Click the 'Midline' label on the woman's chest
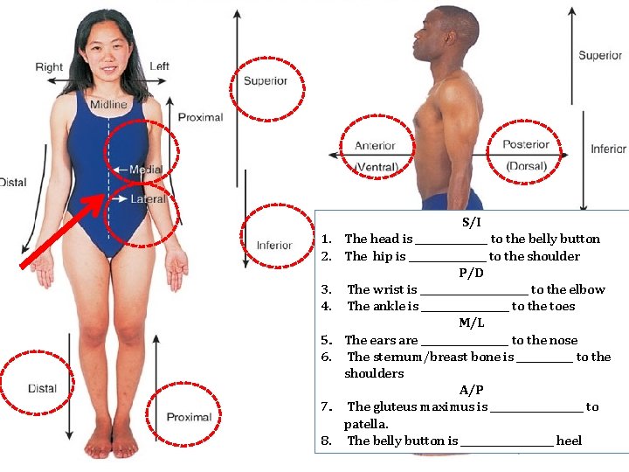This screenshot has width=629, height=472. coord(108,105)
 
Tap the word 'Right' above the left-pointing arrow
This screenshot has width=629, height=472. coord(49,66)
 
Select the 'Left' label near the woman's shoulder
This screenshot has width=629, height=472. coord(159,66)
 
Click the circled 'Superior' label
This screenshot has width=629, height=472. coord(266,81)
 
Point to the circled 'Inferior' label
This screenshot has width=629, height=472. coord(273,246)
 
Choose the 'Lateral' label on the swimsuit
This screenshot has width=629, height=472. coord(148,199)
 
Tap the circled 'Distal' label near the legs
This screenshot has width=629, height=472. coord(42,388)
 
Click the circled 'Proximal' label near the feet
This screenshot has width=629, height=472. coord(190,417)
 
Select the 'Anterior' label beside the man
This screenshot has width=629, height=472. coord(375,145)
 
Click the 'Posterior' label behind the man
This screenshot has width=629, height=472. coord(526,144)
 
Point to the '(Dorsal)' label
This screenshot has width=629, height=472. coord(526,166)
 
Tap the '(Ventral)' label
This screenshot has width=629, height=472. coord(376,167)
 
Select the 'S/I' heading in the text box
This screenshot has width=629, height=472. coord(472,222)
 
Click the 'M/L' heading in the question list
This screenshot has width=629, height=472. coord(472,323)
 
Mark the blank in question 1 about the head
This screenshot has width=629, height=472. coord(451,239)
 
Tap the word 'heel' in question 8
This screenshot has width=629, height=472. coord(569,441)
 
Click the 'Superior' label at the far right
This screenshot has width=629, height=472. coord(600,56)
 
